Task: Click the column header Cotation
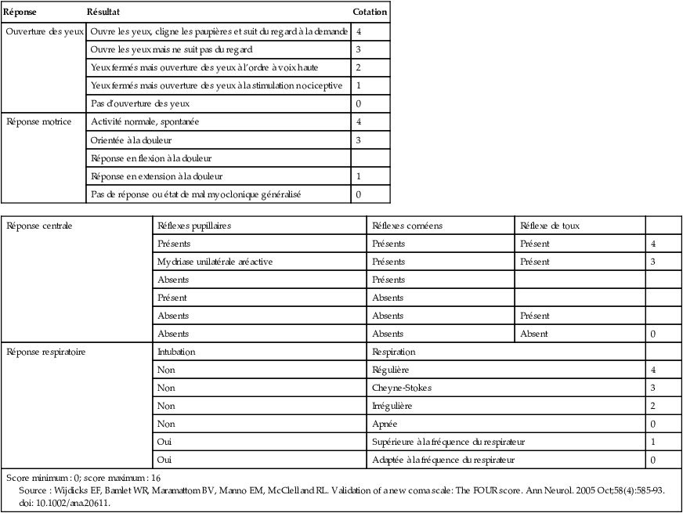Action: (369, 13)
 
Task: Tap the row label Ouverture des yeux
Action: (44, 32)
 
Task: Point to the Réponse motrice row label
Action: (39, 121)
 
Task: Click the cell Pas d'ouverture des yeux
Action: (140, 103)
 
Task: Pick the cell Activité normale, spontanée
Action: (145, 122)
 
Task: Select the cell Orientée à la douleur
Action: (132, 140)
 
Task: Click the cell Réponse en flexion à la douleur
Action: (151, 158)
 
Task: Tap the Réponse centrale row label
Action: (39, 226)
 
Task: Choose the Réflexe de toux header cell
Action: (550, 226)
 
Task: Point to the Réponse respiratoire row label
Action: (45, 352)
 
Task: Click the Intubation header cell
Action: (176, 352)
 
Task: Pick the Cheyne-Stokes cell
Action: (402, 388)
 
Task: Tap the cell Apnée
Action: (385, 424)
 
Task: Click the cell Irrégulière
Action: (392, 406)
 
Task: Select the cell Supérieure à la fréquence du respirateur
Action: (448, 442)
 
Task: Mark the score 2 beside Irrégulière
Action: (652, 406)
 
